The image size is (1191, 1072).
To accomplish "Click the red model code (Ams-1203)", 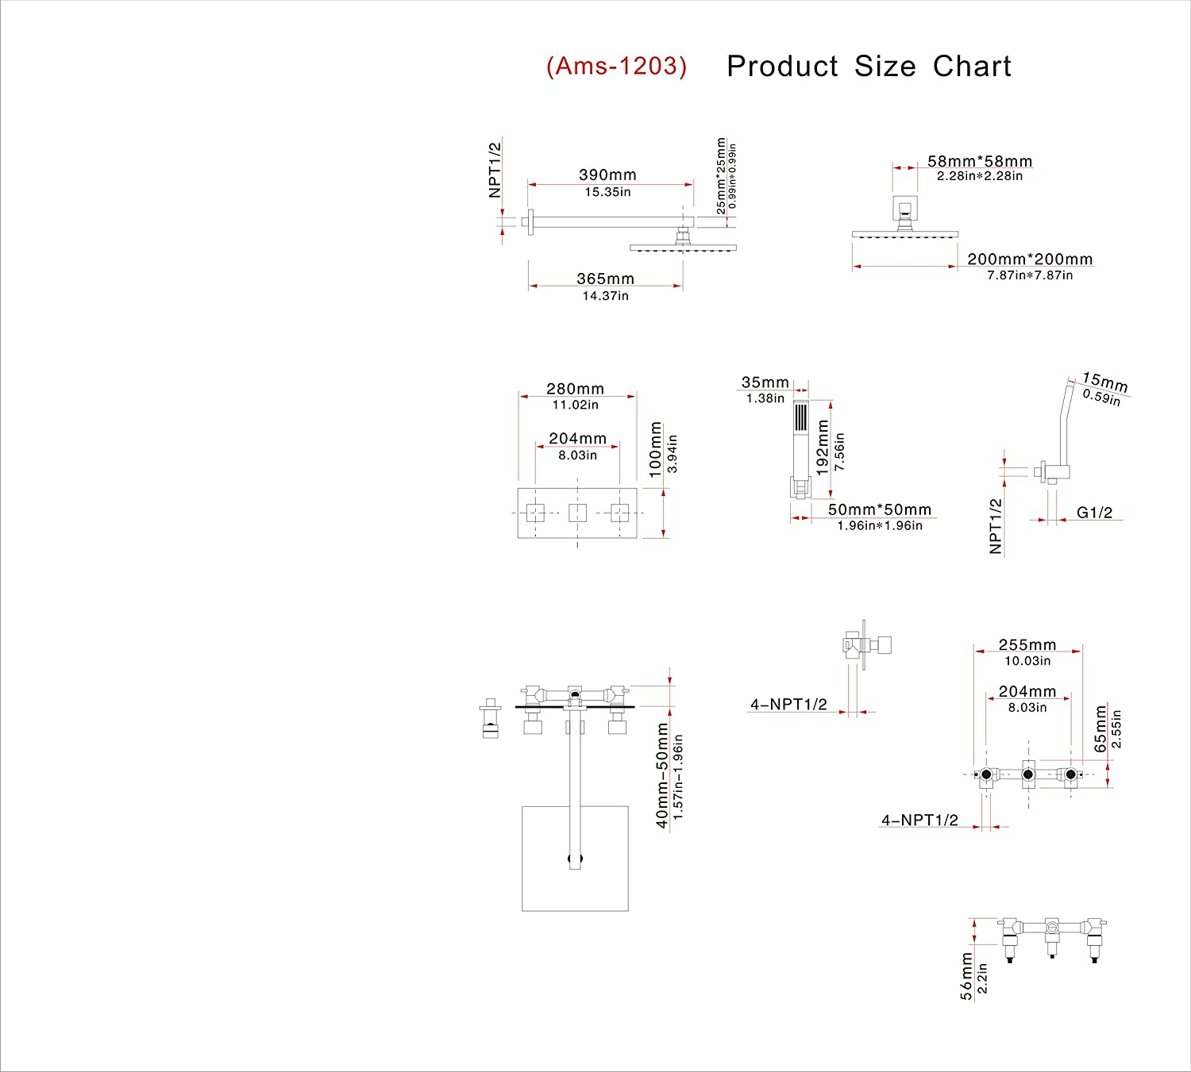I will click(x=616, y=66).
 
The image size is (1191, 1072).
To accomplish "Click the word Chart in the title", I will click(x=972, y=67).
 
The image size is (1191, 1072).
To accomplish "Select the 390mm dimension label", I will click(x=607, y=175).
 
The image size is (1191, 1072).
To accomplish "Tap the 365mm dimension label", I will click(x=605, y=279).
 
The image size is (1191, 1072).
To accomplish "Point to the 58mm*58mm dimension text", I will click(x=980, y=161).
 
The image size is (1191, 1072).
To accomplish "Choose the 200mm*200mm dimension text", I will click(x=1030, y=259).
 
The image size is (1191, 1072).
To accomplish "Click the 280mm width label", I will click(x=575, y=389).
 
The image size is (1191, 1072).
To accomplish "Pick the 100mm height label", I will click(x=656, y=449).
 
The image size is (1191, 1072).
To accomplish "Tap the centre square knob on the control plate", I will click(x=577, y=513).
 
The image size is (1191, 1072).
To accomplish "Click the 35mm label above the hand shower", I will click(x=765, y=382).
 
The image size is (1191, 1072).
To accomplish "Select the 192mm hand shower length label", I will click(x=823, y=447).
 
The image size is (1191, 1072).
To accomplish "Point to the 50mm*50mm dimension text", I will click(x=880, y=509).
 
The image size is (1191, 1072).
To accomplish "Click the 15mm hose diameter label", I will click(x=1104, y=382).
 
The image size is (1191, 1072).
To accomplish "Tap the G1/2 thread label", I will click(x=1094, y=513).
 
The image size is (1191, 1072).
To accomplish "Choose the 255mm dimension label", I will click(x=1027, y=645).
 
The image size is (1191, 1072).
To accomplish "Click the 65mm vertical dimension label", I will click(x=1100, y=728).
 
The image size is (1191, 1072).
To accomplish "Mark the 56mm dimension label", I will click(x=966, y=976).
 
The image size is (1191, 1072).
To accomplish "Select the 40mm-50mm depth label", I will click(x=662, y=775).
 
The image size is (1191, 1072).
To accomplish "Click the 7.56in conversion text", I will click(x=840, y=451).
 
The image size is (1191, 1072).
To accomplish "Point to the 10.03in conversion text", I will click(x=1027, y=661).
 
